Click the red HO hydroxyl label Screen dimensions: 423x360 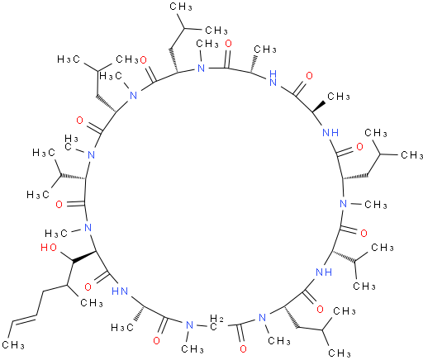tap(49, 248)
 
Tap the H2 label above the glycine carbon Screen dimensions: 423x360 tap(216, 319)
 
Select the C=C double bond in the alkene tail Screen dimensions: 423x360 tap(24, 319)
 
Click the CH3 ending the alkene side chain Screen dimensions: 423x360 tap(13, 344)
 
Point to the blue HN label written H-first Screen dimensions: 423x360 tap(120, 291)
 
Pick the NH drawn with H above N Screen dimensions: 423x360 tap(273, 78)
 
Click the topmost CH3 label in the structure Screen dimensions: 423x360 tap(181, 7)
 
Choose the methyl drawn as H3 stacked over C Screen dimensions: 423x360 tap(71, 143)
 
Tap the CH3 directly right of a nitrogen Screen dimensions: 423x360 tap(376, 205)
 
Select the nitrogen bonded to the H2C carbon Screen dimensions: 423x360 tap(189, 325)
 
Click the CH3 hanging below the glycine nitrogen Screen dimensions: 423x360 tap(192, 349)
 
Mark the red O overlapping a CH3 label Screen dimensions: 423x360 tap(144, 60)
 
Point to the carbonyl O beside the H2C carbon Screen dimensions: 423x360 tap(243, 348)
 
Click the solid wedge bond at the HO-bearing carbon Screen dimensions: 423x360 tap(84, 256)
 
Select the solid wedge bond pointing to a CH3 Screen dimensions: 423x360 tap(319, 107)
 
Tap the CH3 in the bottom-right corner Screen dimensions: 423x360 tap(340, 353)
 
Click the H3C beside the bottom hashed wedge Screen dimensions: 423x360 tap(122, 327)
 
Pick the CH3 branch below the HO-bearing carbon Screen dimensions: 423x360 tap(92, 303)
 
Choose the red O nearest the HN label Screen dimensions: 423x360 tap(88, 287)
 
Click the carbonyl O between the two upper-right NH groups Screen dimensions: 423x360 tap(309, 75)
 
